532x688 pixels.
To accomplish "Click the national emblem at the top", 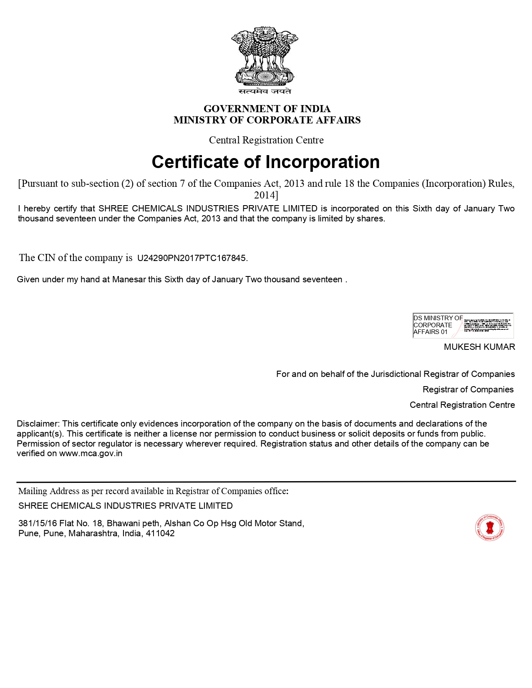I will coord(265,56).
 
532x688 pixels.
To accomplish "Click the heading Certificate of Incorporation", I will coord(266,162).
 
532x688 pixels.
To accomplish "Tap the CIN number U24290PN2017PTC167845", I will coord(192,258).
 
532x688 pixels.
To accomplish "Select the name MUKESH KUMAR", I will coord(479,347).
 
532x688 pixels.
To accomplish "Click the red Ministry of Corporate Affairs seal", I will coord(489,527).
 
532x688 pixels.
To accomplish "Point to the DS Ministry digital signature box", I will coord(463,325).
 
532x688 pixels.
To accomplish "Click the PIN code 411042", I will coord(160,534).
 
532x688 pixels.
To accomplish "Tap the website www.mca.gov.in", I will coord(91,454).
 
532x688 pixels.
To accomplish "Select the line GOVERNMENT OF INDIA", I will coord(267,109).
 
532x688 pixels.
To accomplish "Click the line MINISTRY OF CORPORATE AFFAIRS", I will coord(267,120).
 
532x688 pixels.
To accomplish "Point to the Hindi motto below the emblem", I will coord(265,91).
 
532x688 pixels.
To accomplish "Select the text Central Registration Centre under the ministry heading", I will coord(266,140).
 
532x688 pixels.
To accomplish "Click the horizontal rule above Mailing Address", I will coord(266,481).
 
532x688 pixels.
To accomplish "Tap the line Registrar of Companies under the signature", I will coord(468,389).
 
